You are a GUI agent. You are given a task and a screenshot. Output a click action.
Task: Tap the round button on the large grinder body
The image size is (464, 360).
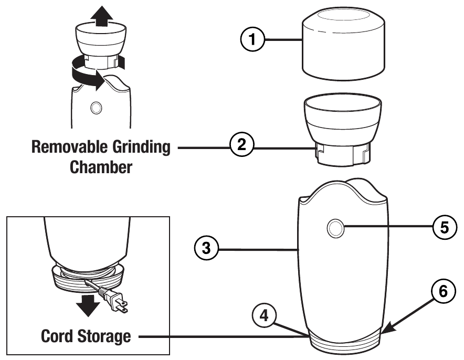tap(335, 228)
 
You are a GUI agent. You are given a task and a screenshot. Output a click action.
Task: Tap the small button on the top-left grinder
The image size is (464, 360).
tap(96, 108)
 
